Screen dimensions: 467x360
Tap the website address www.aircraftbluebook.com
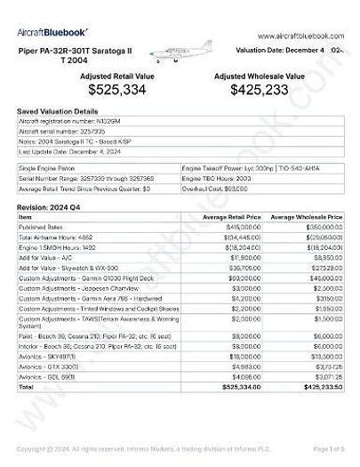300,36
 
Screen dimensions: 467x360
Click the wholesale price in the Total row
318,412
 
